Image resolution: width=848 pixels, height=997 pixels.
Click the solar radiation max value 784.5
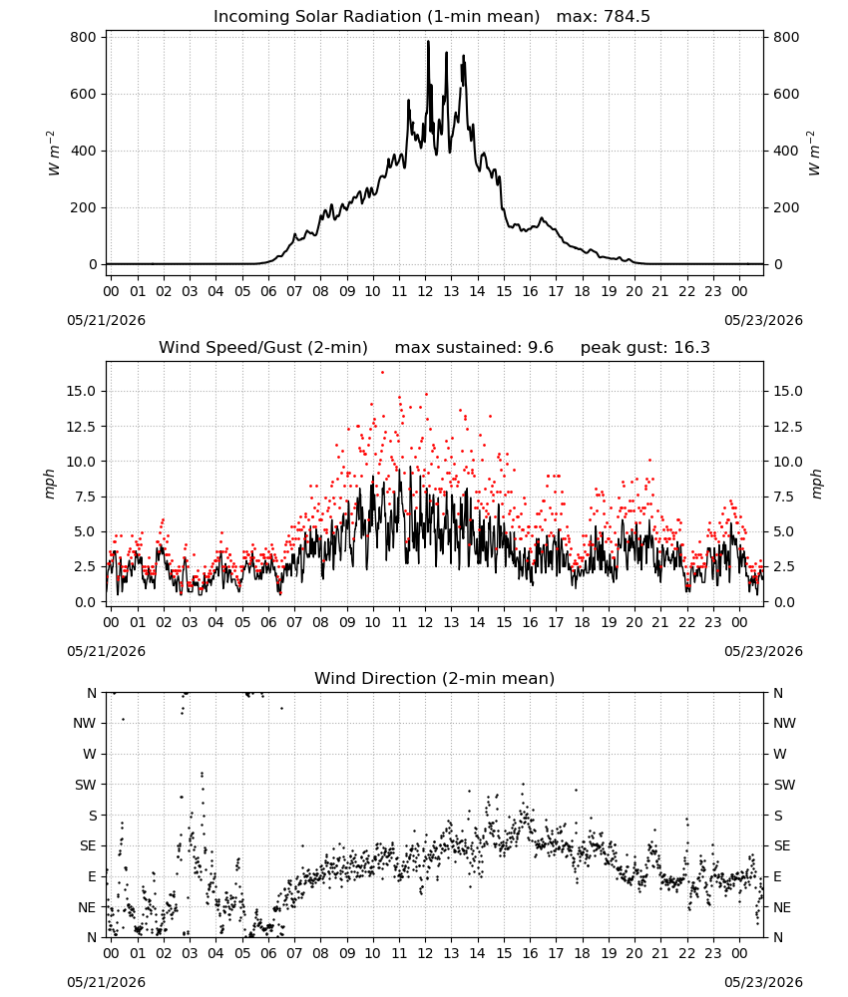click(627, 17)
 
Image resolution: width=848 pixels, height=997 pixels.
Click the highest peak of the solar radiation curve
click(428, 41)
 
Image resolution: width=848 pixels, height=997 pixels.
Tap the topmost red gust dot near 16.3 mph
click(382, 373)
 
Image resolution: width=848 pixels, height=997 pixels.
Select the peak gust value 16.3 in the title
click(692, 348)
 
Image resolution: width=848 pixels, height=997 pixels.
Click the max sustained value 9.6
click(540, 348)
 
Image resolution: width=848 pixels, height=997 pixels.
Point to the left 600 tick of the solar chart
click(84, 94)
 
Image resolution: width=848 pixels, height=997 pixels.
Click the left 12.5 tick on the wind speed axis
click(81, 427)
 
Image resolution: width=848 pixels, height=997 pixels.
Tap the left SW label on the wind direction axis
click(86, 785)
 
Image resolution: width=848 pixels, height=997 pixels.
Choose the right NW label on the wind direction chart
click(784, 723)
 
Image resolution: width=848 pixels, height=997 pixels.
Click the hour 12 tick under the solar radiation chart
click(425, 292)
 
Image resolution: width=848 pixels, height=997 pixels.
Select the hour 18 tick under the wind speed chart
click(582, 622)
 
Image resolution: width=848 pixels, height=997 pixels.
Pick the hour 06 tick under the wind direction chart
click(268, 954)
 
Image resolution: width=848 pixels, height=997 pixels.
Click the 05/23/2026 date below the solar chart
click(763, 320)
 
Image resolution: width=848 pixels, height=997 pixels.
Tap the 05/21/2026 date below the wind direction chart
click(106, 982)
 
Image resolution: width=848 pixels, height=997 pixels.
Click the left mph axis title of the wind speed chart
click(50, 484)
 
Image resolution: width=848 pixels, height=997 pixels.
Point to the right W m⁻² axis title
click(814, 154)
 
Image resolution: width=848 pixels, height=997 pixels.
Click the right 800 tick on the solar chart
click(786, 38)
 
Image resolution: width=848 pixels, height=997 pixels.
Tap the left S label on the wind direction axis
click(93, 816)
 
